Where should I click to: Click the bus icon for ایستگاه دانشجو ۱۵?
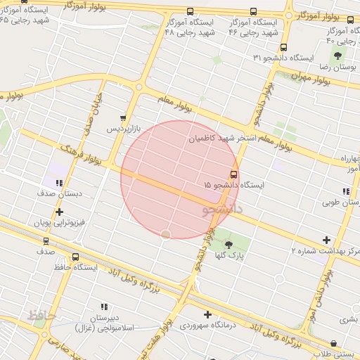tap(234, 174)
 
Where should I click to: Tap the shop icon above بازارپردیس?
tap(124, 118)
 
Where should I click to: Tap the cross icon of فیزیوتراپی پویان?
tap(59, 211)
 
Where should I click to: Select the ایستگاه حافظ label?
tap(75, 267)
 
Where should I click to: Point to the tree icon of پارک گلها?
tap(228, 244)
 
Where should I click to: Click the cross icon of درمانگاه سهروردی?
tap(207, 314)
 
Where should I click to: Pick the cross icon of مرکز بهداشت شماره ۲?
tap(325, 240)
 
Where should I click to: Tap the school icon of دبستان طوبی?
tap(345, 191)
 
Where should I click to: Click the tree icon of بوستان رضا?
tap(337, 55)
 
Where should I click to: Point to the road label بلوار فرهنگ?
tap(82, 156)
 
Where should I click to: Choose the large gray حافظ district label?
tap(42, 314)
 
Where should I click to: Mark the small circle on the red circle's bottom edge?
tap(166, 233)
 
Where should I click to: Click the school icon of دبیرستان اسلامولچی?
tap(104, 307)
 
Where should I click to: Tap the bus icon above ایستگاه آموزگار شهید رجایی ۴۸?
tap(191, 12)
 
